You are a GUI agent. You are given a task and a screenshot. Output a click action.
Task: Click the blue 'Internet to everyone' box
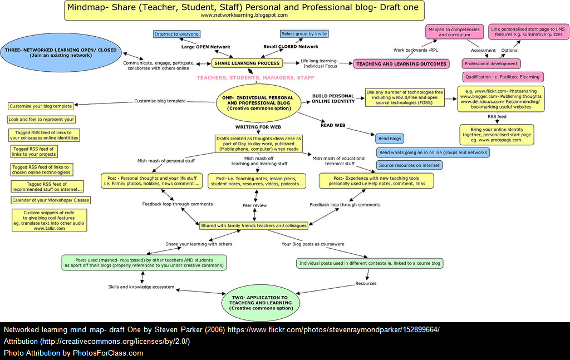176,34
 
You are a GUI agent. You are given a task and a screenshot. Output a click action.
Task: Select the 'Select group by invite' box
304,33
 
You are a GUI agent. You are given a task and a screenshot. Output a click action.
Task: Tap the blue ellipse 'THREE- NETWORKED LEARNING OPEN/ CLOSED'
61,52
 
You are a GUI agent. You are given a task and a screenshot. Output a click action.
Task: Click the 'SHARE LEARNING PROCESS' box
246,63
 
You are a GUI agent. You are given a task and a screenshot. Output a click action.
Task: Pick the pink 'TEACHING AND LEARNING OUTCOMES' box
401,63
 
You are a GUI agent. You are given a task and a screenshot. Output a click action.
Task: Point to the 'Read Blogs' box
390,139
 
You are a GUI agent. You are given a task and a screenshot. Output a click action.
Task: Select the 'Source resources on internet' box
409,165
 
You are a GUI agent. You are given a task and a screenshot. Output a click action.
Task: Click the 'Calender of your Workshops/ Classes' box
50,200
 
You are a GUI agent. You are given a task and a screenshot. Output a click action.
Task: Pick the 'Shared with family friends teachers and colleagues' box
254,225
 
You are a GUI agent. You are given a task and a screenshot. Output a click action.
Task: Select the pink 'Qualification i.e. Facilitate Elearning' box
502,77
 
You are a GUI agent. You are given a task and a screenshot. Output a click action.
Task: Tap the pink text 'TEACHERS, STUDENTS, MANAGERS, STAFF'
255,78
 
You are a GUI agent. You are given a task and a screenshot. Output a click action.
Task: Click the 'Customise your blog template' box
41,106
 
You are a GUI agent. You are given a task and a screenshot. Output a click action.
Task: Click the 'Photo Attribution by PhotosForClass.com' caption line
73,353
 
